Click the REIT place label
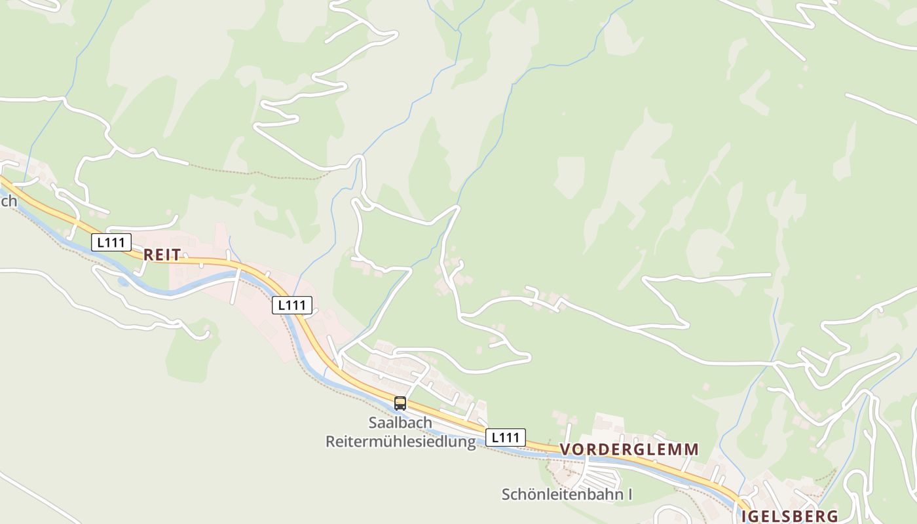[162, 255]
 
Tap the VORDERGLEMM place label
[629, 449]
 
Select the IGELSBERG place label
[790, 515]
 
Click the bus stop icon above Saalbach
[400, 403]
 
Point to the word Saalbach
[400, 422]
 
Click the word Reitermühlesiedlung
[400, 441]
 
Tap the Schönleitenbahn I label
[567, 494]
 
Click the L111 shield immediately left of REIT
[111, 242]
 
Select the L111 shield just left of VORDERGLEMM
[506, 437]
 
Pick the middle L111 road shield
[292, 305]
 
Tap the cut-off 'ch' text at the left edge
[9, 201]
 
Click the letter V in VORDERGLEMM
[566, 449]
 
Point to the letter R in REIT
[148, 255]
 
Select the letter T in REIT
[176, 255]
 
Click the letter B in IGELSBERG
[800, 515]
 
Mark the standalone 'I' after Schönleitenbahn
[629, 494]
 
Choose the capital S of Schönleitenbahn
[506, 494]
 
